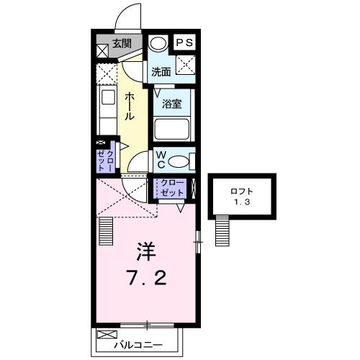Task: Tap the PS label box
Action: click(x=184, y=42)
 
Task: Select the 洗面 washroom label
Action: click(x=161, y=71)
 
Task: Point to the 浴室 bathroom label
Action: click(x=171, y=104)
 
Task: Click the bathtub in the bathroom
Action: click(x=171, y=130)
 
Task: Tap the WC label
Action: click(x=161, y=158)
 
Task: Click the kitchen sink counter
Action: click(x=107, y=108)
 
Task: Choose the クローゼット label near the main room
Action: click(x=172, y=189)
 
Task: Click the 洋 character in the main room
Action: click(x=148, y=253)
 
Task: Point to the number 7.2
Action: click(x=148, y=278)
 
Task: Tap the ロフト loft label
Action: click(x=241, y=192)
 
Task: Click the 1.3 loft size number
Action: click(x=241, y=203)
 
